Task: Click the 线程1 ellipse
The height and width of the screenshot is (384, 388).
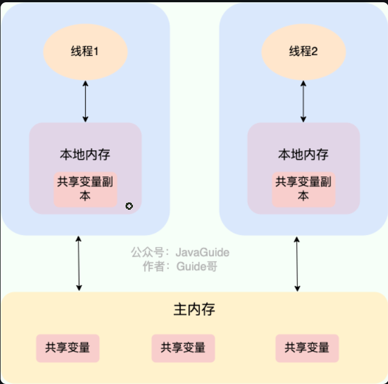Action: (86, 52)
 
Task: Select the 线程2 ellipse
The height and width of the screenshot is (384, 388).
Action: (304, 52)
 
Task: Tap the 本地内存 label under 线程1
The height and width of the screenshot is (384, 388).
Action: (85, 155)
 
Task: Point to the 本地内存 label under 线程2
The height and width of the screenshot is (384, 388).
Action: (304, 155)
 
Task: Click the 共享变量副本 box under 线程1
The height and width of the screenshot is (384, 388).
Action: (86, 189)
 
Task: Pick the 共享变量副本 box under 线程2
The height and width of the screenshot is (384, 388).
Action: (304, 189)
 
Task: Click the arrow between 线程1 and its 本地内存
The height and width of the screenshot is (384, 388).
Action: (86, 101)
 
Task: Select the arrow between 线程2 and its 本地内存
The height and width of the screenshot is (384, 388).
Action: (304, 101)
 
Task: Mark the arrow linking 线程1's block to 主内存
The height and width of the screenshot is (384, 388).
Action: (79, 263)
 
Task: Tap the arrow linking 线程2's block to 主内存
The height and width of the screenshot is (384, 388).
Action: (297, 263)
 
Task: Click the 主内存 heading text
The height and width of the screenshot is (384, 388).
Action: (194, 310)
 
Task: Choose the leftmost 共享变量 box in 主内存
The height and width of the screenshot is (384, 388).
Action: (68, 347)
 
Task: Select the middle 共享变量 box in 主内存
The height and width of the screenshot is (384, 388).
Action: (183, 347)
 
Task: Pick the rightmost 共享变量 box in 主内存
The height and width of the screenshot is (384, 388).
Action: (307, 347)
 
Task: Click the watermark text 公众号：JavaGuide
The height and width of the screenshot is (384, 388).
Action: (180, 252)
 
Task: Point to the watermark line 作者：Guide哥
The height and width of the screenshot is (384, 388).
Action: (180, 267)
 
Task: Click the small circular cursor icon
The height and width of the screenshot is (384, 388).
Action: (129, 206)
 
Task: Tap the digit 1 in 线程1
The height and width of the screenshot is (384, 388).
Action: (96, 52)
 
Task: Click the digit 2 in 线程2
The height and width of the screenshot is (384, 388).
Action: (315, 52)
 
